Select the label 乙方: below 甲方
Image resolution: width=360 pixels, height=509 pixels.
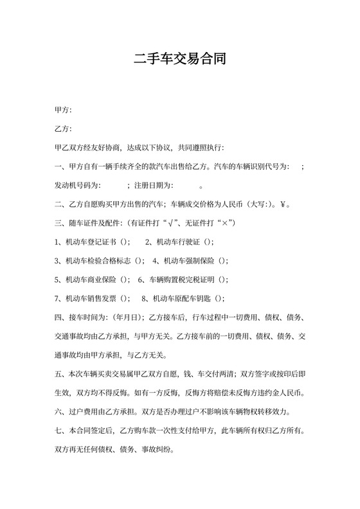(64, 130)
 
